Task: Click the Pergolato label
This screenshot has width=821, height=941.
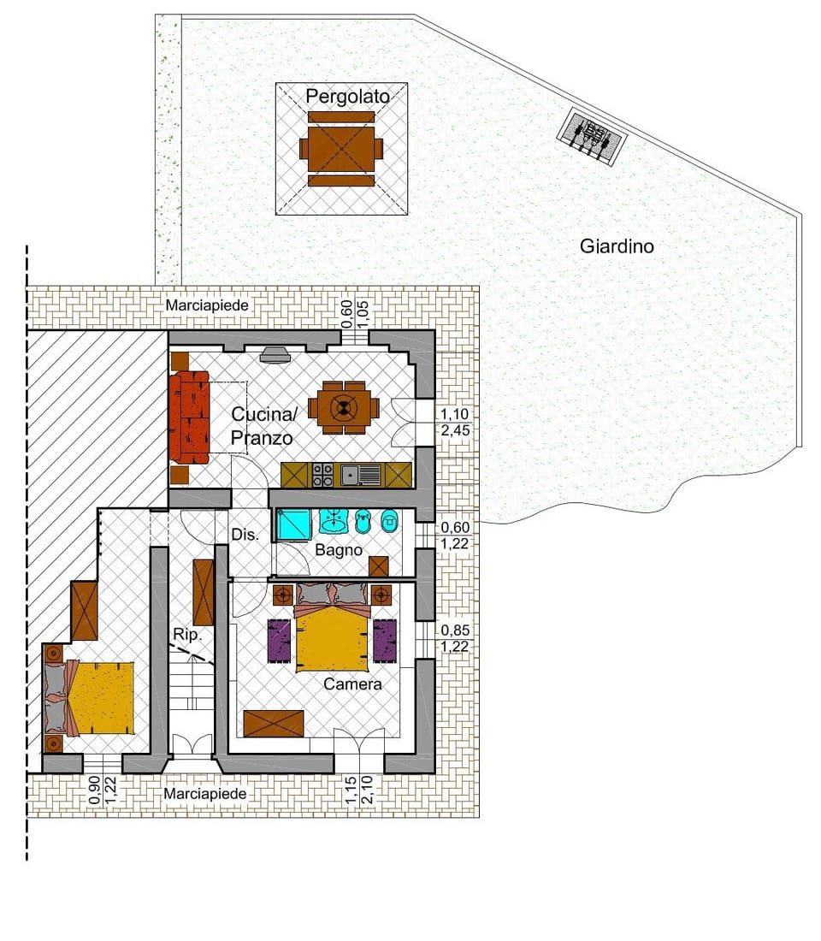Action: pyautogui.click(x=347, y=97)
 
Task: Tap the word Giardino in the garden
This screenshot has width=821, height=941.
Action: pyautogui.click(x=617, y=246)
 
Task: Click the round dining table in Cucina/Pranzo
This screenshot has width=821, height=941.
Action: pyautogui.click(x=344, y=408)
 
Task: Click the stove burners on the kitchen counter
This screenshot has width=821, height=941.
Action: pyautogui.click(x=323, y=475)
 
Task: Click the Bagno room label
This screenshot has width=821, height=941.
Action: pyautogui.click(x=339, y=550)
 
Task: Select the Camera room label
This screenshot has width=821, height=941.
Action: pyautogui.click(x=352, y=684)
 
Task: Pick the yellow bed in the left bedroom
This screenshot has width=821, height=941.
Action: pyautogui.click(x=102, y=697)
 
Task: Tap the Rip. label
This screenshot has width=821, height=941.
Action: pyautogui.click(x=186, y=635)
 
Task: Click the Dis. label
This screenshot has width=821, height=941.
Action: pyautogui.click(x=245, y=534)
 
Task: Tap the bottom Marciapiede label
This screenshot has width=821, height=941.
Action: pyautogui.click(x=205, y=794)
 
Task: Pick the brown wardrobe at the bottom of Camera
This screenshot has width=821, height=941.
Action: pyautogui.click(x=274, y=723)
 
